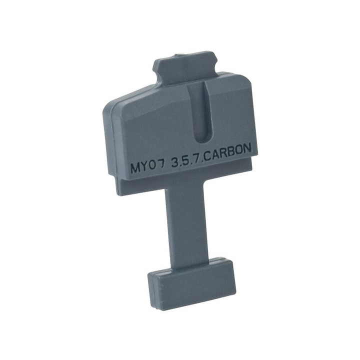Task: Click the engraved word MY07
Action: coord(148,167)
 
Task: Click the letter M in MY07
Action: coord(135,168)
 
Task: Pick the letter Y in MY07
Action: coord(144,166)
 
